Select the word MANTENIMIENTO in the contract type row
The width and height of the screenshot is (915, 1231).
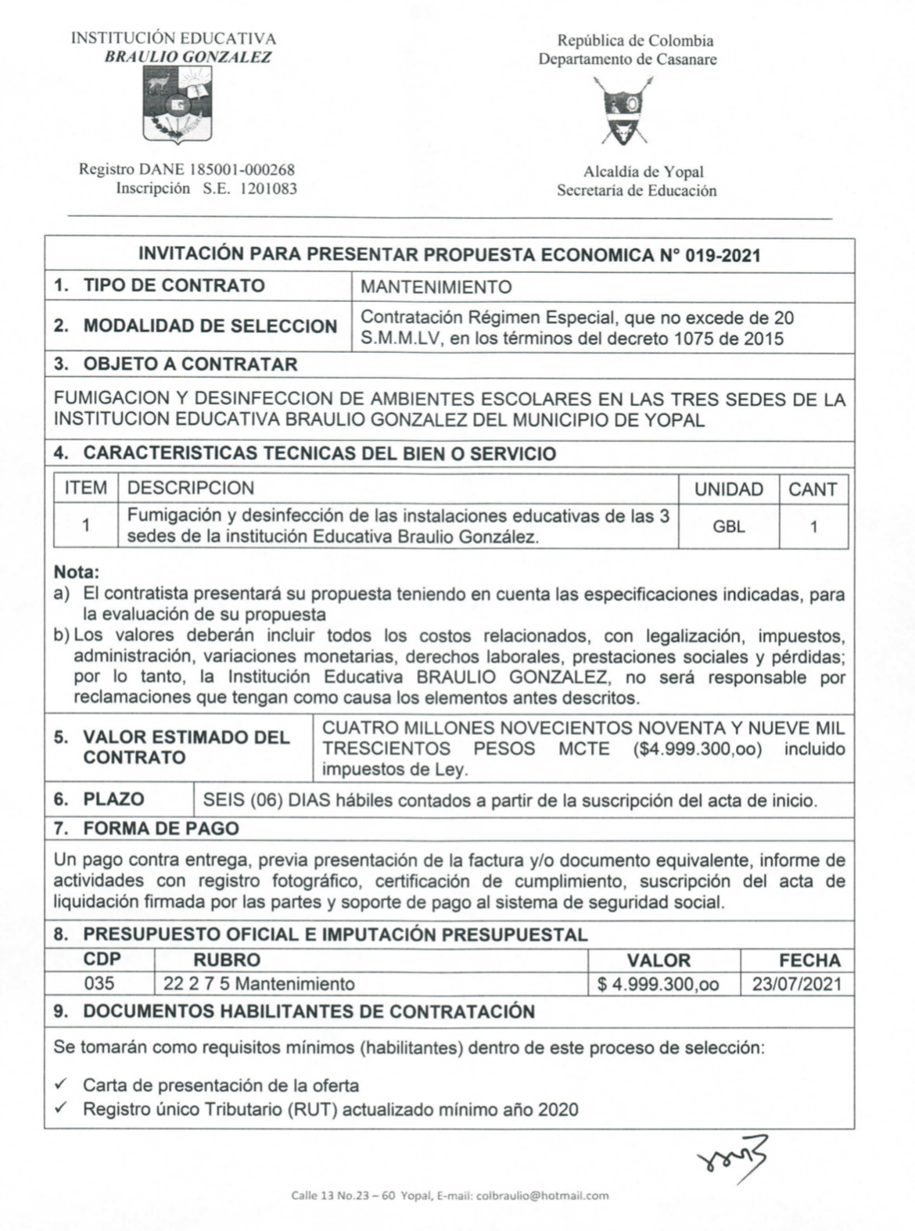[x=436, y=287]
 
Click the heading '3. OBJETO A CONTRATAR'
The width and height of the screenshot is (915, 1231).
[x=175, y=364]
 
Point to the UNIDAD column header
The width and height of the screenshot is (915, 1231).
[x=728, y=490]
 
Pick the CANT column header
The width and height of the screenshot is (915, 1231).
[x=813, y=490]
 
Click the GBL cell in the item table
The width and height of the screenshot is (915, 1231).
[x=728, y=526]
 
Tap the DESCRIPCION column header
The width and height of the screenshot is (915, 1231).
[x=190, y=489]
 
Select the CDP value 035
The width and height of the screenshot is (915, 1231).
[x=99, y=983]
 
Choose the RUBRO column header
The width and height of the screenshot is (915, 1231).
[x=227, y=960]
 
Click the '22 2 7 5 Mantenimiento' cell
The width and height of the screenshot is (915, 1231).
[x=259, y=984]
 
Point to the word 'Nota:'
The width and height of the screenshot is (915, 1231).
[x=77, y=572]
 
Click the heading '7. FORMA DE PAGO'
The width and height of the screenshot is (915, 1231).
[x=146, y=828]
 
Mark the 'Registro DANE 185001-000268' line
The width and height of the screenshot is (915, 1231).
[x=186, y=170]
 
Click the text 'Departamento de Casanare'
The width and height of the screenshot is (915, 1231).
[x=627, y=59]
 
